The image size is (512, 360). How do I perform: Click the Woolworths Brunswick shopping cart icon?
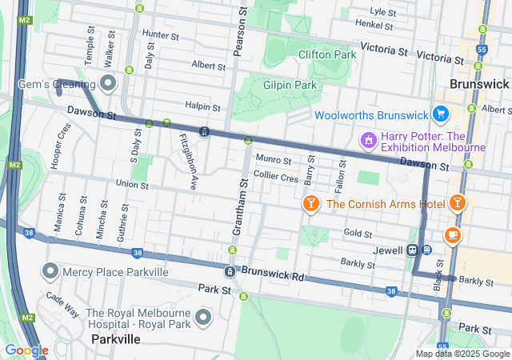439,114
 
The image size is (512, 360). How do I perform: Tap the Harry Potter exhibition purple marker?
368,141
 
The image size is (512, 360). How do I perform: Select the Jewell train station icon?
413,250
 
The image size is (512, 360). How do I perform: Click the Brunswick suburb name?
479,83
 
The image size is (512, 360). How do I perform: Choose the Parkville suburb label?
116,339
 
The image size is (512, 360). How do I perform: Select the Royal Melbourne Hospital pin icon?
203,318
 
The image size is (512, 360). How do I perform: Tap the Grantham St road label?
237,208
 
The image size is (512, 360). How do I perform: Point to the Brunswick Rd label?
272,276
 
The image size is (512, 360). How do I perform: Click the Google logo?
26,350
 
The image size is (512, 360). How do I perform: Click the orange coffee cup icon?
453,234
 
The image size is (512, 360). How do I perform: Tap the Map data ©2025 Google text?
462,354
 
